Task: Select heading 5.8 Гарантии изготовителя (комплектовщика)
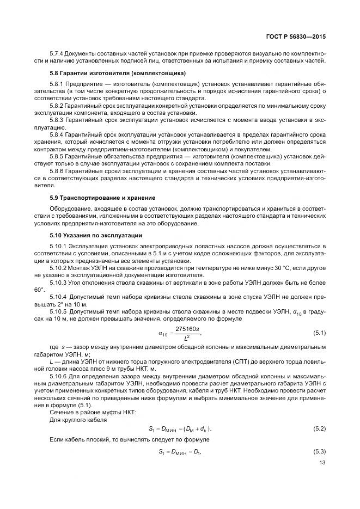(x=118, y=73)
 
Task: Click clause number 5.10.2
(x=59, y=268)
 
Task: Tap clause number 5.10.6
(x=59, y=376)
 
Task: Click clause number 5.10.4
(x=59, y=297)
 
